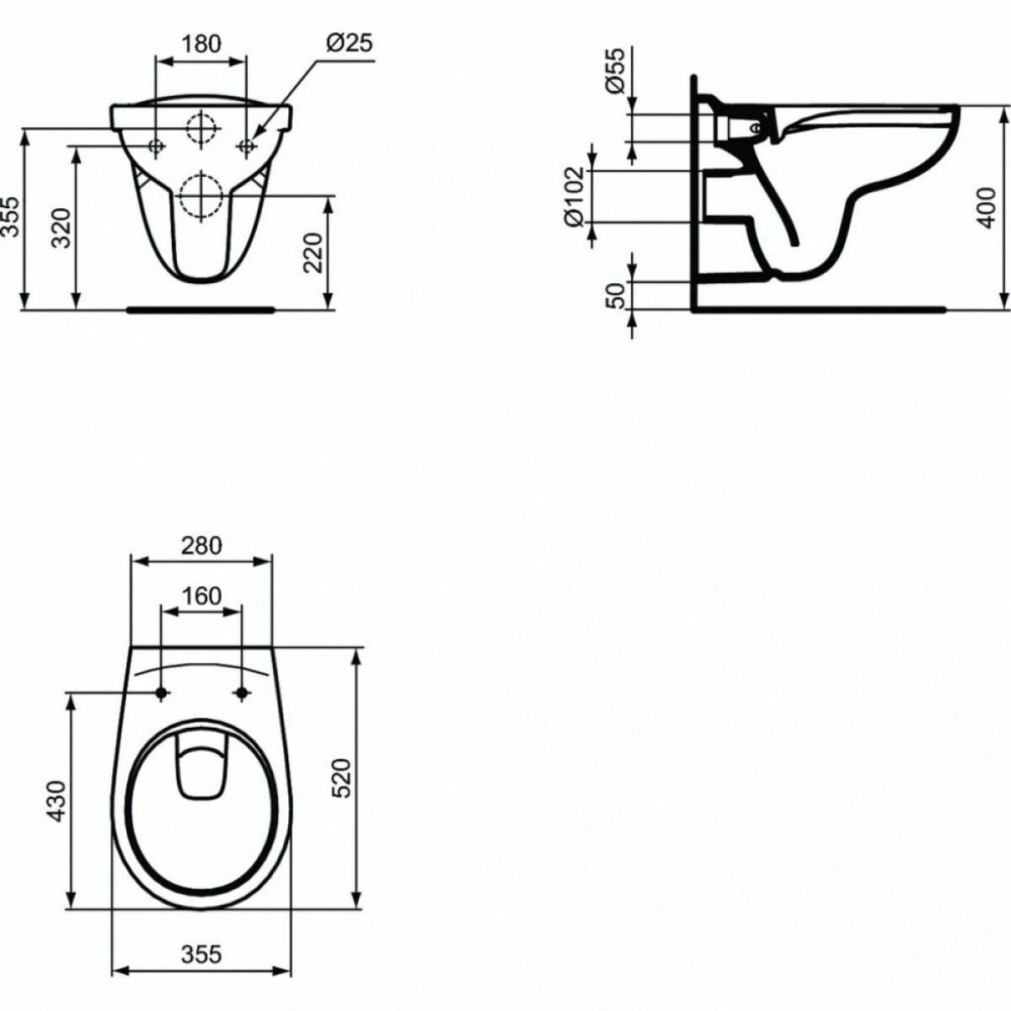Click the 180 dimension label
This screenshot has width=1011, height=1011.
click(201, 44)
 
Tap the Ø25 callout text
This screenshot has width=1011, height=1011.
click(349, 43)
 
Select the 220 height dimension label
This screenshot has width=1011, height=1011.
click(313, 253)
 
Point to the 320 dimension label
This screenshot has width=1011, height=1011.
click(62, 227)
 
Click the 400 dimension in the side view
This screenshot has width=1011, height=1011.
click(987, 208)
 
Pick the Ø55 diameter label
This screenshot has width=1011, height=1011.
click(615, 70)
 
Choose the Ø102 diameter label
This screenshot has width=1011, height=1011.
click(575, 196)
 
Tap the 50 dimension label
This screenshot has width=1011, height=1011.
click(615, 296)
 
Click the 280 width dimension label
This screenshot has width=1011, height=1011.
click(201, 546)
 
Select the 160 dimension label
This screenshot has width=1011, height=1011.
click(201, 596)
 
